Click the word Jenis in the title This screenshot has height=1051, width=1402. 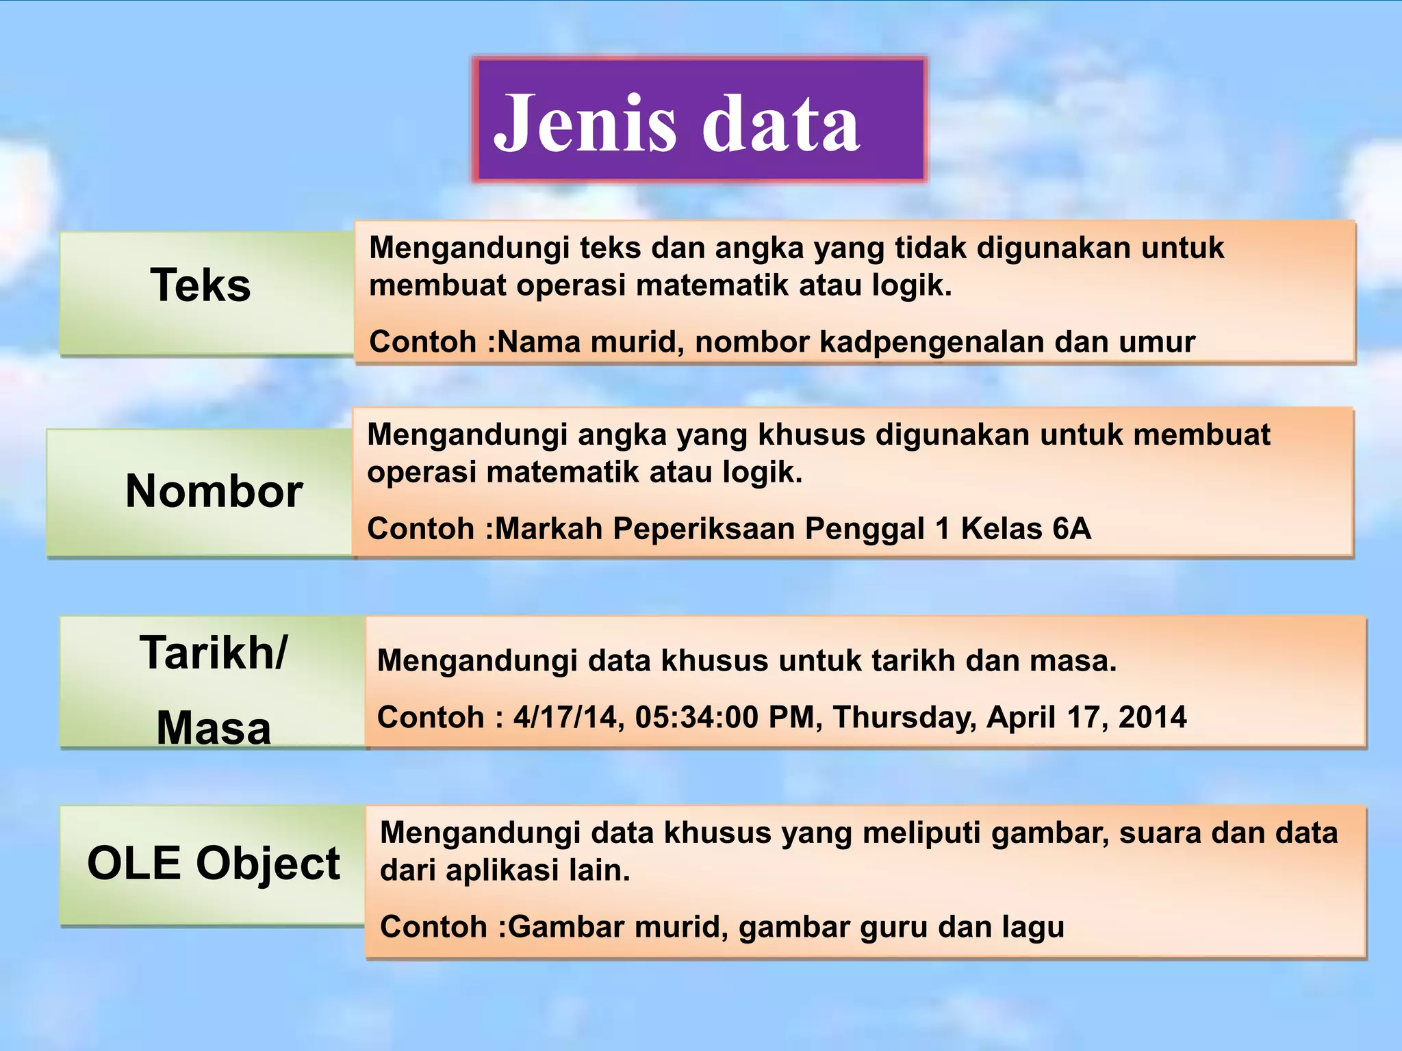tap(585, 123)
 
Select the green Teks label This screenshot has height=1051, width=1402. tap(201, 285)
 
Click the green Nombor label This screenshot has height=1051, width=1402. tap(214, 491)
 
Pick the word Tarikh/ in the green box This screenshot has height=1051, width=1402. tap(214, 653)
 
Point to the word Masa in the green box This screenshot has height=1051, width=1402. tap(214, 727)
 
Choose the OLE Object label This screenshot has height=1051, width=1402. tap(214, 863)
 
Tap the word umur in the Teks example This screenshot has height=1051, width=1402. tap(1157, 341)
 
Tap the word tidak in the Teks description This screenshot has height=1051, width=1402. tap(934, 248)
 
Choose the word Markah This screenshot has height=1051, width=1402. tap(548, 528)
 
